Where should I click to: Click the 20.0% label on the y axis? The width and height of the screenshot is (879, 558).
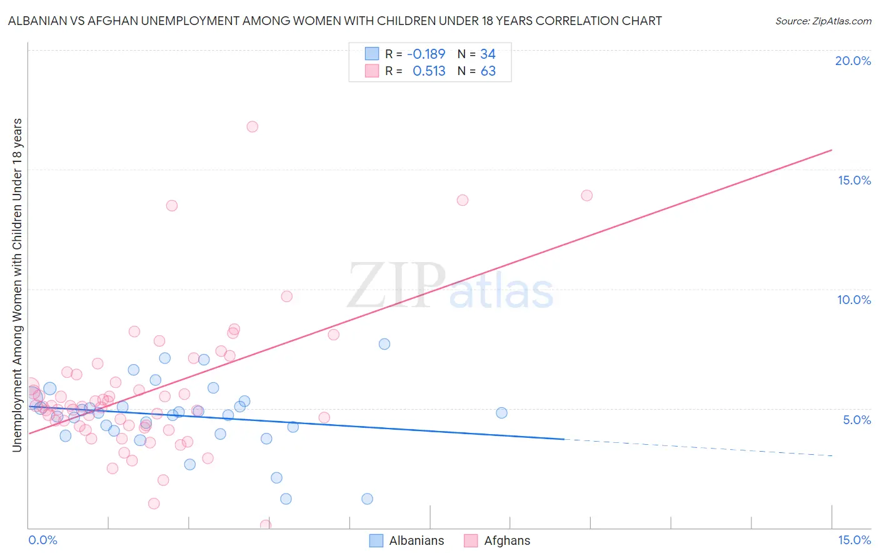point(853,61)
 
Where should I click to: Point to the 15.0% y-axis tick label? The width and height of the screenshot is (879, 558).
point(854,180)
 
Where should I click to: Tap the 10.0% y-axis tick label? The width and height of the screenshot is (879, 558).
point(854,300)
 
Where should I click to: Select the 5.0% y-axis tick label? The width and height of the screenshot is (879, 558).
point(856,420)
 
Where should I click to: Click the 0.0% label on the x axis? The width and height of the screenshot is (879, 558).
point(43,540)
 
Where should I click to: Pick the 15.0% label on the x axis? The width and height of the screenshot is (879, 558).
point(854,540)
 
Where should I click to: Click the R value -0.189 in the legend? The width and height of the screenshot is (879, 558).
point(426,54)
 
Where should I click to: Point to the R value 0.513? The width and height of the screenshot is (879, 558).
point(429,71)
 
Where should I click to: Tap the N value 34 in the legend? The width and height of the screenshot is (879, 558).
point(488,54)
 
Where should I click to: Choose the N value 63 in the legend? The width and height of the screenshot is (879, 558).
point(488,71)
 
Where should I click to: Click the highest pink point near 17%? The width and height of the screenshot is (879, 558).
point(253,126)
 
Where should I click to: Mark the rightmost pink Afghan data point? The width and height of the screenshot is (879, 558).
point(586,195)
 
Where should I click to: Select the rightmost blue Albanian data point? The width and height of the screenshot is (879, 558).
point(501,413)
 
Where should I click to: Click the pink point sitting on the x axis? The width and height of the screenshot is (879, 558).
point(266,525)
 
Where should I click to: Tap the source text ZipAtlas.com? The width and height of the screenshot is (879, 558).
point(823,21)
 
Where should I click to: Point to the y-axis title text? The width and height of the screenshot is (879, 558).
point(17,285)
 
